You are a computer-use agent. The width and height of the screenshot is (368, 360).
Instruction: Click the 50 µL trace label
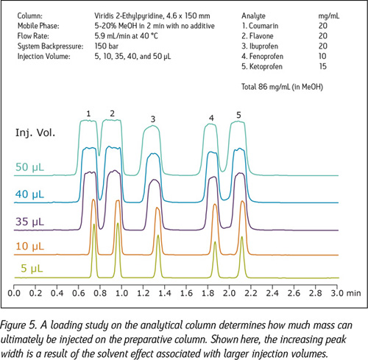[29, 167]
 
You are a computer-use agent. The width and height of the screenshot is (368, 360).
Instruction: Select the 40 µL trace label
[29, 194]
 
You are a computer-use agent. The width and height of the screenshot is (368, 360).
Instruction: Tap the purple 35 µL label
[29, 222]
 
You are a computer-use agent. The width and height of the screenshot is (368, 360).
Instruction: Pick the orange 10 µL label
[29, 246]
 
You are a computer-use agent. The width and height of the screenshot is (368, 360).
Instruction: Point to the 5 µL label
[32, 268]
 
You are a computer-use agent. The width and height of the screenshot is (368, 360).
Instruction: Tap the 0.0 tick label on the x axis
[14, 293]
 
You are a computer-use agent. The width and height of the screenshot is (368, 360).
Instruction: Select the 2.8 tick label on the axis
[316, 293]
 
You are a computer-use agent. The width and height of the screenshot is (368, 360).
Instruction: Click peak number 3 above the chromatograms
[153, 119]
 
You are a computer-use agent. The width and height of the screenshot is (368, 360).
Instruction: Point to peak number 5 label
[238, 115]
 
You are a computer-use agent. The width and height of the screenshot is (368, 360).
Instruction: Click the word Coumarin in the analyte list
[263, 26]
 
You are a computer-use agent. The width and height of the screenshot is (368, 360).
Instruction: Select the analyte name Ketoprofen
[266, 66]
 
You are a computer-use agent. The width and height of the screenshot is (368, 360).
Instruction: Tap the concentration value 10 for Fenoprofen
[322, 56]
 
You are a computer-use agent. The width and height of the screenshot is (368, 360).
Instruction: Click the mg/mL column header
[329, 16]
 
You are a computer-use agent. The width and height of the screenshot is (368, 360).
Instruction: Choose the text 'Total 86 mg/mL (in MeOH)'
[282, 87]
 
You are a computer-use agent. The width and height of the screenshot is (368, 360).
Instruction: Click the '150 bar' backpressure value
[107, 46]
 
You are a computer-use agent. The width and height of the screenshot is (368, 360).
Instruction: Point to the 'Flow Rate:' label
[33, 36]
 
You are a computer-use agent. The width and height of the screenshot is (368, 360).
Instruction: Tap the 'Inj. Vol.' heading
[35, 133]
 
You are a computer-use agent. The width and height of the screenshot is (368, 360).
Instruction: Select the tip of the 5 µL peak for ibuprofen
[158, 235]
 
